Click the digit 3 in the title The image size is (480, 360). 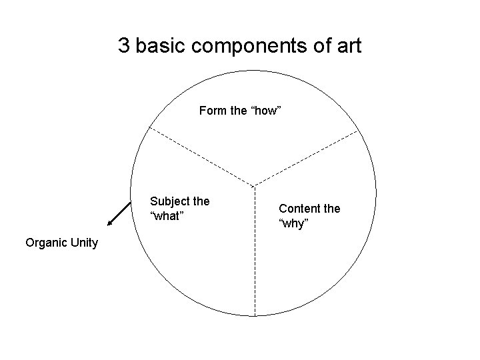tap(124, 46)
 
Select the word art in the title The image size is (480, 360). tap(349, 46)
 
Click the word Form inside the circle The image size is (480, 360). tap(213, 111)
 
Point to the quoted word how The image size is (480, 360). tap(266, 111)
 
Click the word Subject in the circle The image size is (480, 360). tap(170, 201)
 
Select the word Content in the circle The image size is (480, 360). tap(300, 208)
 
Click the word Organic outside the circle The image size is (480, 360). tap(46, 242)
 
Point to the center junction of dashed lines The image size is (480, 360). tap(254, 185)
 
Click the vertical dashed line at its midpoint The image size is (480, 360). tap(254, 250)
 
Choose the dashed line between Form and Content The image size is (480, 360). tap(307, 158)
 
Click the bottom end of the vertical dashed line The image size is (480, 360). tap(254, 314)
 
